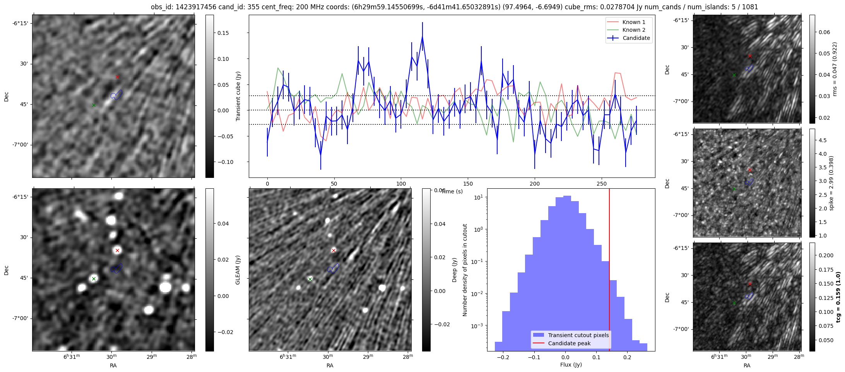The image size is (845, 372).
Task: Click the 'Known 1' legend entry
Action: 634,22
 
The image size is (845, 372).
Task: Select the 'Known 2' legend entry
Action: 634,30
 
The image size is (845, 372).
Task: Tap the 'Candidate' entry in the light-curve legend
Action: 636,38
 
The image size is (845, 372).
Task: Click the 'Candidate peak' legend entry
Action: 569,343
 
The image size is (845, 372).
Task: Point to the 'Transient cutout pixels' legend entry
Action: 578,335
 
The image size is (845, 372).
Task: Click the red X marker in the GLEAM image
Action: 117,250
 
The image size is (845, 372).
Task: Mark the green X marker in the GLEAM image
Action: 94,279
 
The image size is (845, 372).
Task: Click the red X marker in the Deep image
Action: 334,250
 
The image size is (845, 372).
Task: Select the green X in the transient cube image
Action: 94,105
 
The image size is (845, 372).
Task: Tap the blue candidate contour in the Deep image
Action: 333,269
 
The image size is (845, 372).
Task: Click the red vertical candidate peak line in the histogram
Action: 609,271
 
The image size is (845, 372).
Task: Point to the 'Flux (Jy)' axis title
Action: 571,365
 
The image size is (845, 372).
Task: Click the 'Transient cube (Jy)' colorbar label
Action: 238,96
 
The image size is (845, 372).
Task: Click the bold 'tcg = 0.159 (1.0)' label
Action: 838,297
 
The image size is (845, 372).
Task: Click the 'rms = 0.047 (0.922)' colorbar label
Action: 835,69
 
